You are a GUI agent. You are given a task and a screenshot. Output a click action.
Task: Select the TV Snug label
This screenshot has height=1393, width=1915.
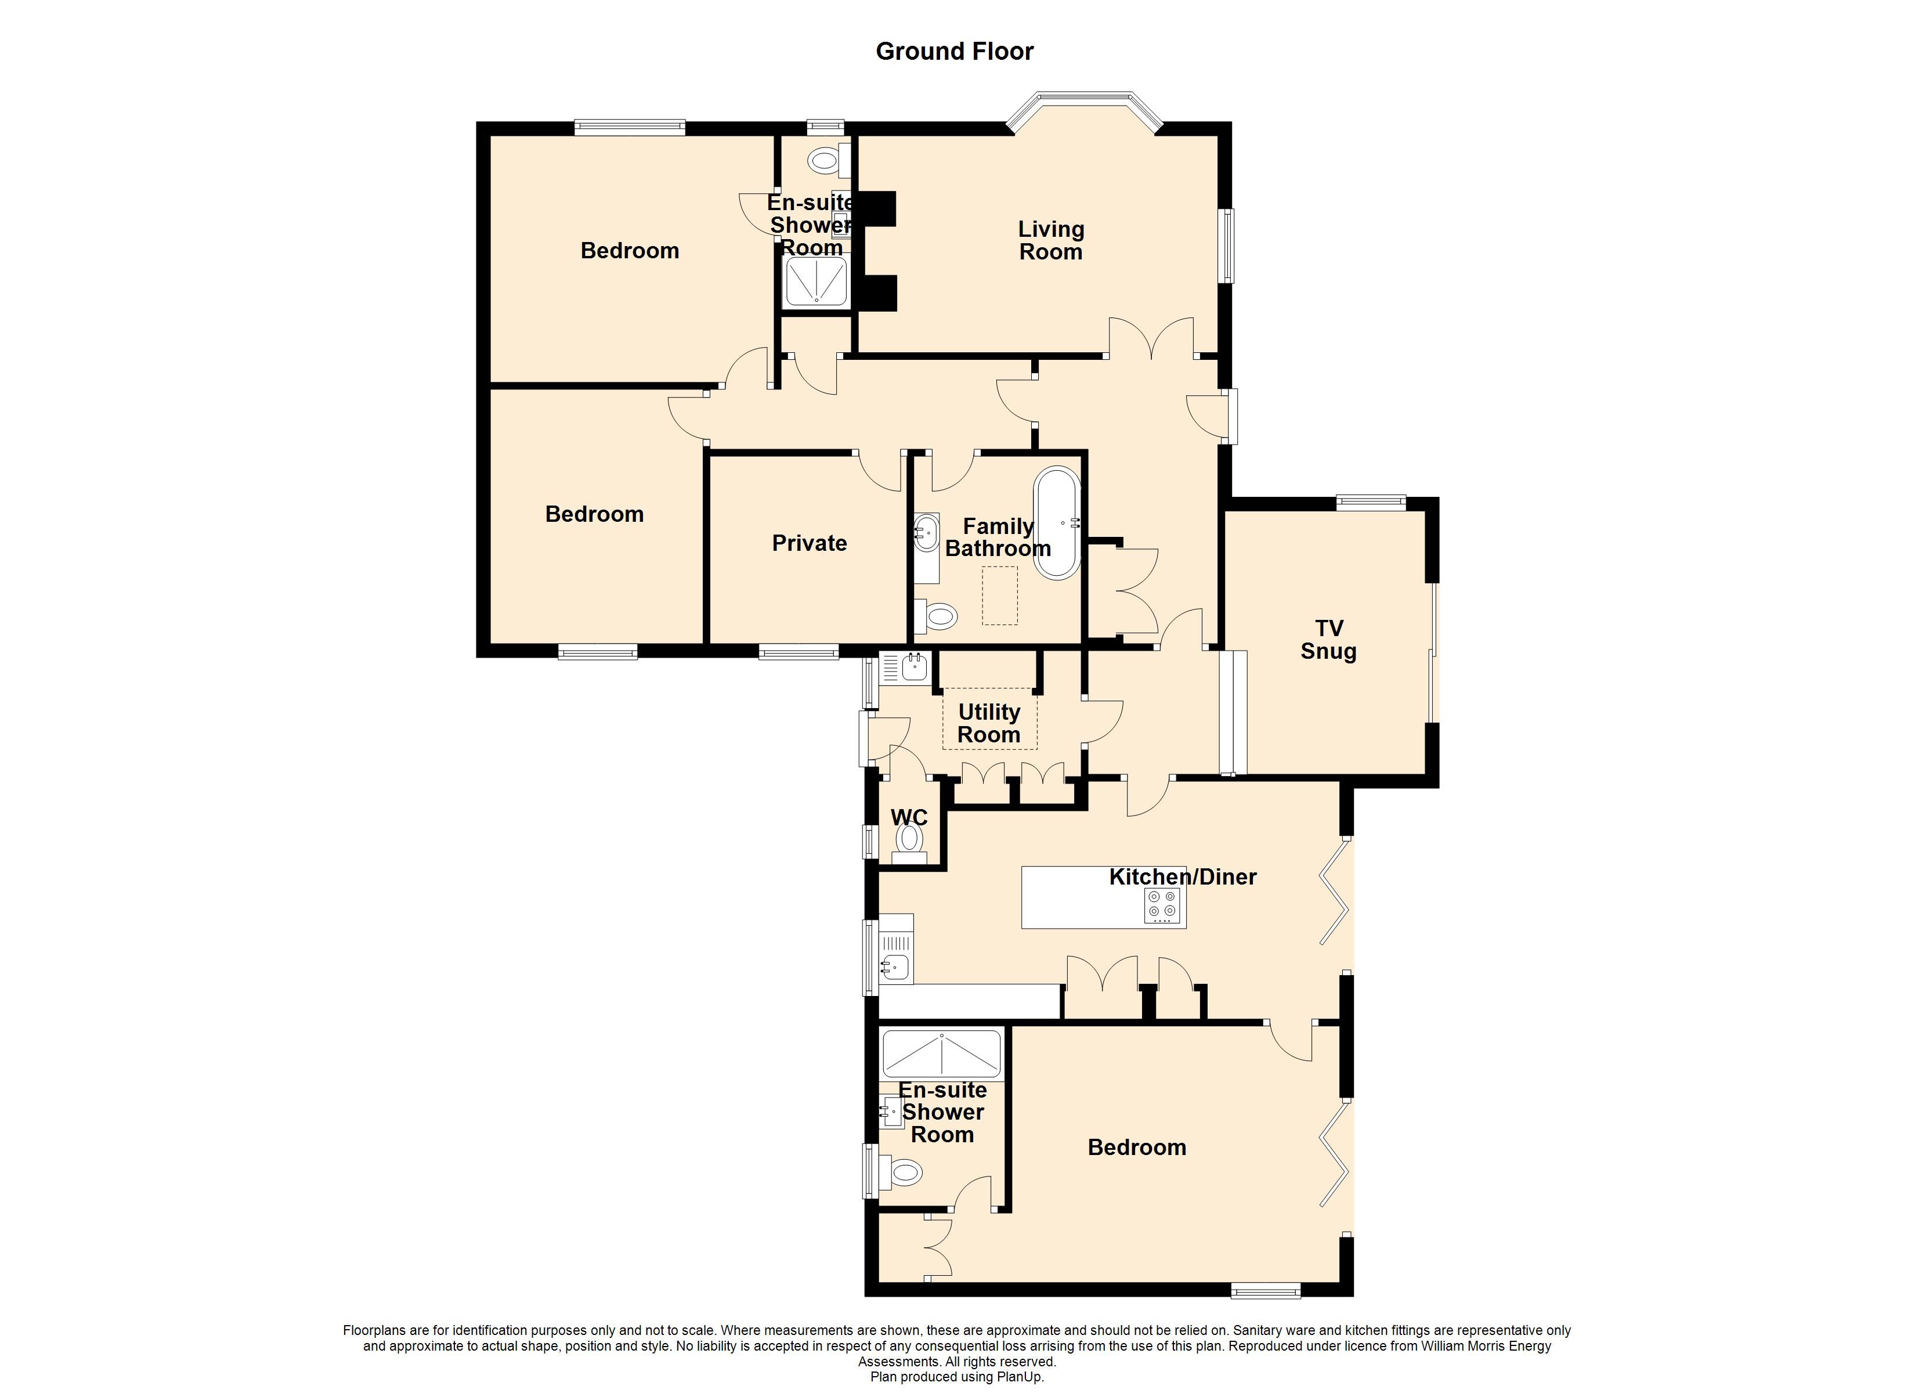[x=1328, y=640]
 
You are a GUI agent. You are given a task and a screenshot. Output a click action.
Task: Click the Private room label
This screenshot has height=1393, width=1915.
[x=809, y=543]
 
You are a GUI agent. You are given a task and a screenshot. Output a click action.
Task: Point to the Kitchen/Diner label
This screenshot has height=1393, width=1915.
[x=1182, y=877]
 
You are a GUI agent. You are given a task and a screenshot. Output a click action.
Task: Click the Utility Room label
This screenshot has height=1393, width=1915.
[x=989, y=723]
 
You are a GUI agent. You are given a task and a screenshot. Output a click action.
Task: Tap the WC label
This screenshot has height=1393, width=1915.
[x=909, y=818]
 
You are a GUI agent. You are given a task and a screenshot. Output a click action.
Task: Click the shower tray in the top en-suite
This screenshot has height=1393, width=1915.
[x=816, y=282]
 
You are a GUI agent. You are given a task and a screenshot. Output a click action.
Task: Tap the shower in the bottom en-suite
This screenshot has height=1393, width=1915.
[x=941, y=1053]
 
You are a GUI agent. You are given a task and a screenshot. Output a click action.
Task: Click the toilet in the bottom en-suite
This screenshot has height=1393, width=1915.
[x=901, y=1172]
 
